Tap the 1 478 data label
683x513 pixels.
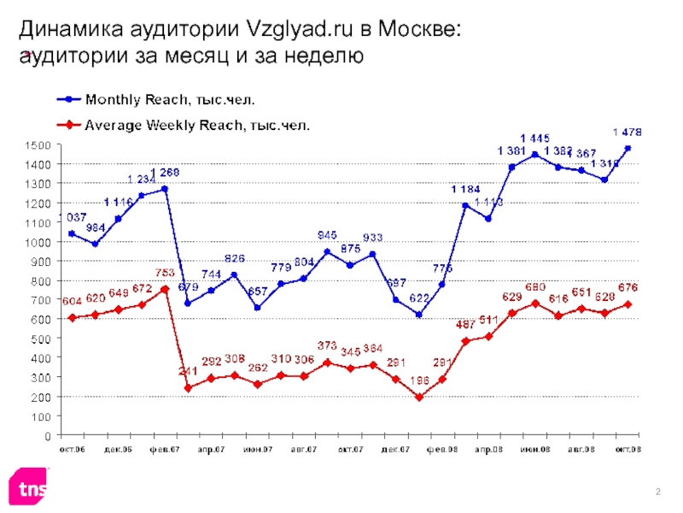click(x=628, y=132)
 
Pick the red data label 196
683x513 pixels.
click(x=418, y=380)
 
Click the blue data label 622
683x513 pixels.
click(x=419, y=298)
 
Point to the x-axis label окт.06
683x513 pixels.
click(x=72, y=449)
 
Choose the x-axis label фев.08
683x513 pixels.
click(x=442, y=449)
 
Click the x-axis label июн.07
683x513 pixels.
click(x=257, y=449)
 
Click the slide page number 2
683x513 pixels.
click(x=658, y=488)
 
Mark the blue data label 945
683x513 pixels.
click(x=327, y=233)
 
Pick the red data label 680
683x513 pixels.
click(x=559, y=287)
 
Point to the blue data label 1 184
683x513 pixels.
click(x=466, y=188)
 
